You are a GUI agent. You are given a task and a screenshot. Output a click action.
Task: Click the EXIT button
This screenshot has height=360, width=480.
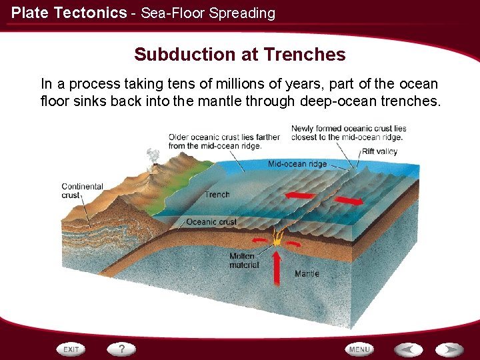click(71, 349)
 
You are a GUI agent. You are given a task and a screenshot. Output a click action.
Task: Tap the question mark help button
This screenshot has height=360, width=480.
click(122, 349)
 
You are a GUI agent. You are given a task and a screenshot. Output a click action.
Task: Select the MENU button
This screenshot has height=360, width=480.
click(359, 349)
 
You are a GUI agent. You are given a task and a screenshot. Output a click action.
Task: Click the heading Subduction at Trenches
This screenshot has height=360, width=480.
click(240, 55)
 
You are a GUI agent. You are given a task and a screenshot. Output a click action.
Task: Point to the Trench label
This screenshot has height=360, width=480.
click(217, 195)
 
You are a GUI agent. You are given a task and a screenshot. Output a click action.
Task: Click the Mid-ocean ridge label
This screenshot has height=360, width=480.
click(297, 164)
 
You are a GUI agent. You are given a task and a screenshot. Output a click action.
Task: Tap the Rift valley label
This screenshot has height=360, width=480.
click(379, 151)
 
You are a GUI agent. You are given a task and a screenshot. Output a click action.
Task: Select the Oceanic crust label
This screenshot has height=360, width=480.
click(211, 222)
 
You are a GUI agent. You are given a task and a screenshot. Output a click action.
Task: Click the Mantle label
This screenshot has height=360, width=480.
click(307, 273)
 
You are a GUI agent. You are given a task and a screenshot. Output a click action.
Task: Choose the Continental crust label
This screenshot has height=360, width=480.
click(82, 191)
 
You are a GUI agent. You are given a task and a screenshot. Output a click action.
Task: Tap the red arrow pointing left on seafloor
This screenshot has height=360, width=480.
click(300, 195)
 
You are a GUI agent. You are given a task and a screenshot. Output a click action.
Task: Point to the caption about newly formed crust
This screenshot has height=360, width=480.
click(348, 133)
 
